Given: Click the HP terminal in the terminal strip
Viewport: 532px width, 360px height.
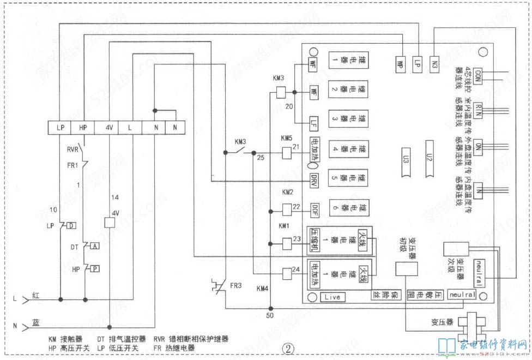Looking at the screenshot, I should [83, 127].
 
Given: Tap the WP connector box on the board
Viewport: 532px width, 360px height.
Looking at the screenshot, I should [399, 62].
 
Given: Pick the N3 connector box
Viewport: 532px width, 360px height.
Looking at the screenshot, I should [435, 62].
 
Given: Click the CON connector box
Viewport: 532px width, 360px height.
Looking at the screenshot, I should [479, 74].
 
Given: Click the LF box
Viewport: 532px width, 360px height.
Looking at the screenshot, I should [313, 121].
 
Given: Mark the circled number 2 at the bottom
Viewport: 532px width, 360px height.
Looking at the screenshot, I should [289, 347].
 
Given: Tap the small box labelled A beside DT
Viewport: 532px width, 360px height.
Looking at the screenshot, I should [96, 246].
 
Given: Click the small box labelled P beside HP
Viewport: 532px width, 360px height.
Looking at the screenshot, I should [95, 268].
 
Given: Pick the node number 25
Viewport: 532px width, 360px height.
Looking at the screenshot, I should [261, 158].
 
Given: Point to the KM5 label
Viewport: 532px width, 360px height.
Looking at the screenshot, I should [287, 138].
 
